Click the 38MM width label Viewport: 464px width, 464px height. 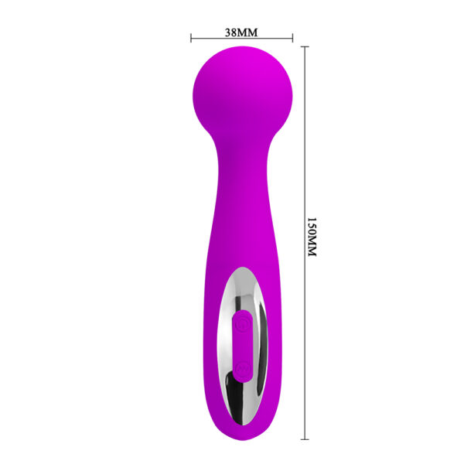[x=241, y=32]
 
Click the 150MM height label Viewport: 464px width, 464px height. [x=312, y=237]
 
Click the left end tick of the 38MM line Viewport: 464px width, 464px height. [x=191, y=36]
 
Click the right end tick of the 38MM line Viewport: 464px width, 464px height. [x=292, y=36]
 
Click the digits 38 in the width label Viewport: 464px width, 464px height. [x=230, y=32]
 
